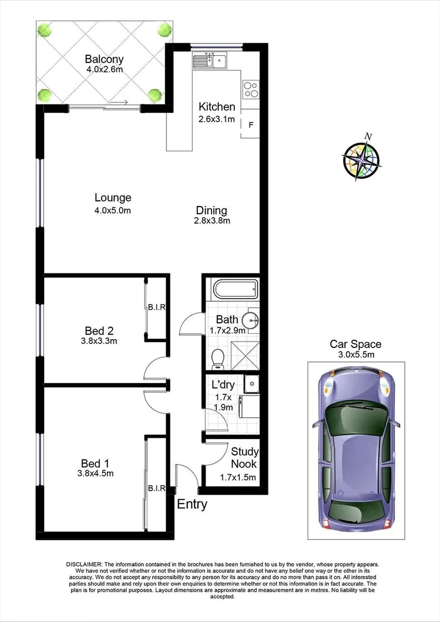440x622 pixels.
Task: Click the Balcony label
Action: coord(104,59)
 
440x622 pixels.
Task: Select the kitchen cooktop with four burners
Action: coord(251,89)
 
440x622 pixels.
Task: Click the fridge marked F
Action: coord(251,125)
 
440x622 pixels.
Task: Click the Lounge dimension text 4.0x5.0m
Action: coord(113,210)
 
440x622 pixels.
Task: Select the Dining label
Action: coord(211,210)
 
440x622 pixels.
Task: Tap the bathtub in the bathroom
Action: coord(235,290)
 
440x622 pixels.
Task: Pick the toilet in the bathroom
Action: coord(218,357)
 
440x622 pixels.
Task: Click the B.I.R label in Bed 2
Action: coord(156,307)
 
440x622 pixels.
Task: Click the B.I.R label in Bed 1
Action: coord(156,488)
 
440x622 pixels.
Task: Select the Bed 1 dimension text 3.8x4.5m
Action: coord(95,473)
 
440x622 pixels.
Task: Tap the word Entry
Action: coord(192,504)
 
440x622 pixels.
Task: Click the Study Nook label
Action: coord(241,458)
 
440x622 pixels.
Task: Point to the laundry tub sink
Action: coord(251,383)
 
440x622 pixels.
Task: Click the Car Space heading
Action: coord(355,344)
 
